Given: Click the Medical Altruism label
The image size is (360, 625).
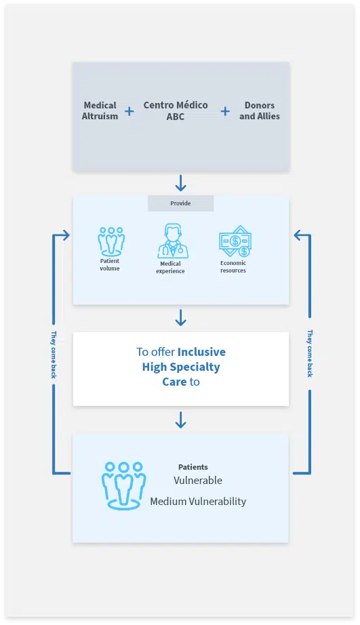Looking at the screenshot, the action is (x=100, y=110).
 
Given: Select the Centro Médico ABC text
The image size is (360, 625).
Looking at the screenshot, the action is (x=176, y=110).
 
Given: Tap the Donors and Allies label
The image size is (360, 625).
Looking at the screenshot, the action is (x=260, y=110).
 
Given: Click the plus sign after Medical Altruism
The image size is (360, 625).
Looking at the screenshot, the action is (x=129, y=111).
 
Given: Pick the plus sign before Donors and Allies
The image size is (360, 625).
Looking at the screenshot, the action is (x=225, y=111).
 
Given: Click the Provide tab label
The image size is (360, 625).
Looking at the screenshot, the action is (x=180, y=203).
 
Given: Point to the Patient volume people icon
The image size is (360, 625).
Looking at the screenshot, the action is (x=111, y=241).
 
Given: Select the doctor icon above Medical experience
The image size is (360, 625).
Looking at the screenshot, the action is (x=173, y=241).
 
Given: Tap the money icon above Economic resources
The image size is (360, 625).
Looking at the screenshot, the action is (x=235, y=241).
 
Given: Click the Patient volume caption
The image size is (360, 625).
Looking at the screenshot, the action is (x=110, y=264).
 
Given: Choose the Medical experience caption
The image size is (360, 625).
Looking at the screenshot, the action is (x=170, y=268).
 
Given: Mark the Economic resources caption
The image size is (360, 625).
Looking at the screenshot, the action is (x=233, y=266).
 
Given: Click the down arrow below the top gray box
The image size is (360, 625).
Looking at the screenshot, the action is (x=180, y=183).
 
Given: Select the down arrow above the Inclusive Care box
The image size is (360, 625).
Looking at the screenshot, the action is (x=180, y=318).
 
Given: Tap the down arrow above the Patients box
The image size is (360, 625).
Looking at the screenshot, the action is (x=180, y=420).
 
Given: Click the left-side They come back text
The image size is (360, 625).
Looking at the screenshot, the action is (x=54, y=355).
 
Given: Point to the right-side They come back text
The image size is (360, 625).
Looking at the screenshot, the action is (x=310, y=353).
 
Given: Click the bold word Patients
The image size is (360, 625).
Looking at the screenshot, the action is (x=193, y=467).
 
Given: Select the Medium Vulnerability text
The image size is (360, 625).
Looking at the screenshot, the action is (x=198, y=502).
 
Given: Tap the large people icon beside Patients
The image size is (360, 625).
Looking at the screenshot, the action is (x=123, y=485).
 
